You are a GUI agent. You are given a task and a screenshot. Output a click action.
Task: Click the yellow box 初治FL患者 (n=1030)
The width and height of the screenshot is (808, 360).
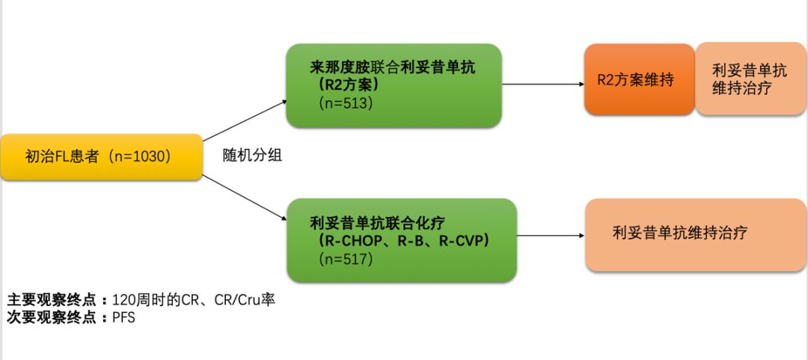pos(101,157)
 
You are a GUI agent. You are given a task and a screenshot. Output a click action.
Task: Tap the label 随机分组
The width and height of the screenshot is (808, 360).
pos(252,156)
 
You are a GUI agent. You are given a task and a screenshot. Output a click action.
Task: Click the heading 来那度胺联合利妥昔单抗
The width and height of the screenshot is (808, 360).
pos(393,67)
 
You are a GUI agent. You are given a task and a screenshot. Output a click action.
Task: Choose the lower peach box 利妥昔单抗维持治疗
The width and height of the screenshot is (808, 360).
pos(679,233)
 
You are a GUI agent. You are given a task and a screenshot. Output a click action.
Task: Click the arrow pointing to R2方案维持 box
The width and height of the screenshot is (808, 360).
pos(543,84)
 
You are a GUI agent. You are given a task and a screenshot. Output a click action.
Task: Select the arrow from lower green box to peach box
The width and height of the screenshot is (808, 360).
pos(550,235)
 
